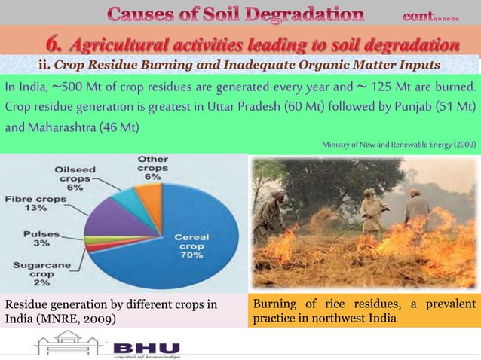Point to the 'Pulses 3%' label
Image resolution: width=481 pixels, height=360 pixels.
coord(35,239)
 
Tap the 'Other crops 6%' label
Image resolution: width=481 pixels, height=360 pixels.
coord(152,168)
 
